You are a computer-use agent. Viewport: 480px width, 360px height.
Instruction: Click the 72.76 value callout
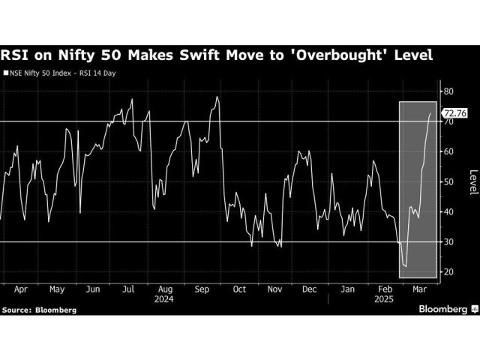point(456,114)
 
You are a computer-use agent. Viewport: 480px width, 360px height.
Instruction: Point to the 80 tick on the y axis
point(448,91)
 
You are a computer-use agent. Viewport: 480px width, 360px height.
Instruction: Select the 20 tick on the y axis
point(448,272)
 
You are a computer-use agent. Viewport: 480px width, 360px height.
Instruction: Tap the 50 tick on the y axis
point(448,182)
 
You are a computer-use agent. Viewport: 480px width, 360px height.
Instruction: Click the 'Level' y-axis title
point(472,181)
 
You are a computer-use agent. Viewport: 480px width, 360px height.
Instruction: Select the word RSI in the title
point(16,55)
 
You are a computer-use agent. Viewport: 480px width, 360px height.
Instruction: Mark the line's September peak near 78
point(217,97)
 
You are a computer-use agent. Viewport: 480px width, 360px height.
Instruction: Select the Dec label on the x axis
point(308,288)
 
